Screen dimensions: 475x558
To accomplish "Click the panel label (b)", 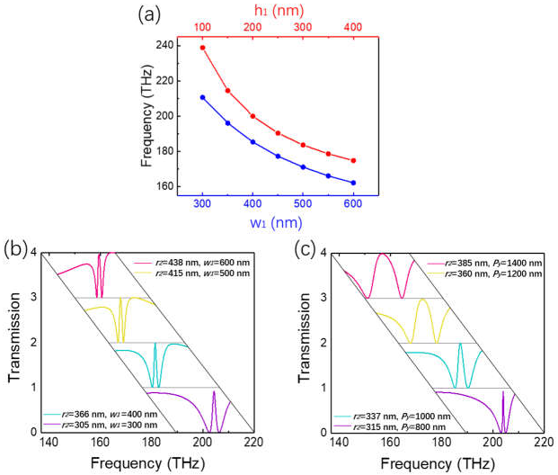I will [15, 248].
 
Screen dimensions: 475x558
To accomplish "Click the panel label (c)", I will [297, 248].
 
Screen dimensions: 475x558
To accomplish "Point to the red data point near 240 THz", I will [203, 48].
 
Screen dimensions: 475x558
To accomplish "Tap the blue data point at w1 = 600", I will [353, 183].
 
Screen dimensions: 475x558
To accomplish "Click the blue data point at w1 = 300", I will [203, 97].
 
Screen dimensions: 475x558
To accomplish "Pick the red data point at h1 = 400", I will [353, 160].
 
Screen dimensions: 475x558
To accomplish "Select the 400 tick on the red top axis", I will [353, 28].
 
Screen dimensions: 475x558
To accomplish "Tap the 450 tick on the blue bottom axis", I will [278, 204].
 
